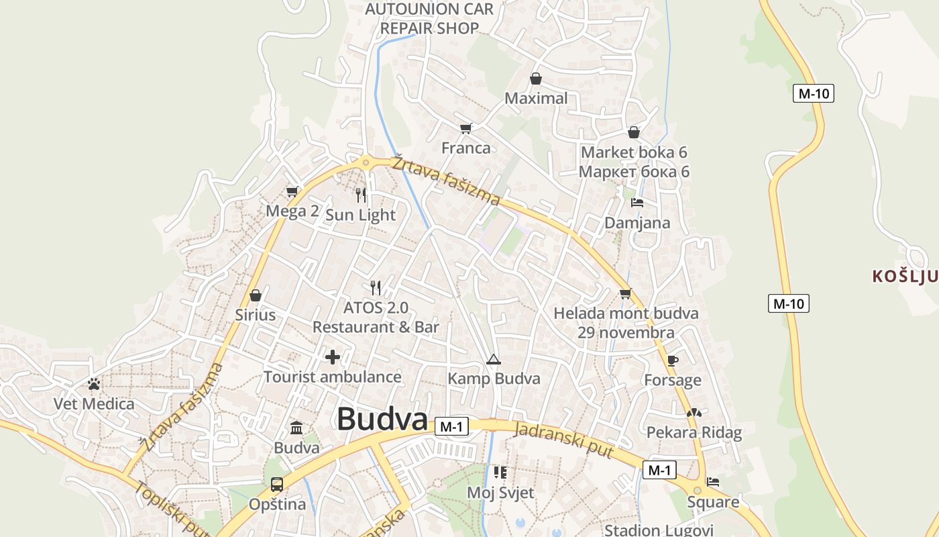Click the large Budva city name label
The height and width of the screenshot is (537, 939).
coord(382,420)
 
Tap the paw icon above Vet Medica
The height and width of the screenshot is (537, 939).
coord(94,384)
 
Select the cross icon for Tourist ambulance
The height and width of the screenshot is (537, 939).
coord(332,357)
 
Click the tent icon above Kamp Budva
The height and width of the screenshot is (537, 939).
coord(494,359)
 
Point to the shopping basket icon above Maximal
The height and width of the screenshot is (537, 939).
coord(535,79)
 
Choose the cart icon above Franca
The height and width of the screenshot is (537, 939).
coord(465,128)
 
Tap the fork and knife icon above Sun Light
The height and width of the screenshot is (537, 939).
coord(361,195)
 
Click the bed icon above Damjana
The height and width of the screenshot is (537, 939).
coord(637,203)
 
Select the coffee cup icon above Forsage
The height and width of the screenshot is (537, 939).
coord(672,360)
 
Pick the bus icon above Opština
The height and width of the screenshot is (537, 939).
coord(276,484)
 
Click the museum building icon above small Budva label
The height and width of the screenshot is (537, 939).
coord(296,428)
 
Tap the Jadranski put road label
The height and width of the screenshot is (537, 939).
coord(563,440)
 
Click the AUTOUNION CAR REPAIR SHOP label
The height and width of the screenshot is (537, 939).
coord(430,19)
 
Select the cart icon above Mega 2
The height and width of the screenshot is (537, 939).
coord(292,192)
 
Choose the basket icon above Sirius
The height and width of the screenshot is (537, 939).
coord(255,295)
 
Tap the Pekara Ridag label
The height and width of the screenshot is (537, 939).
coord(694,432)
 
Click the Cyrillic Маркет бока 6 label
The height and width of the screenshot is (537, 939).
coord(634,172)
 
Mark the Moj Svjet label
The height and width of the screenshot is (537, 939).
coord(500,493)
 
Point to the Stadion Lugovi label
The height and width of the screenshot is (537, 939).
coord(659,530)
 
